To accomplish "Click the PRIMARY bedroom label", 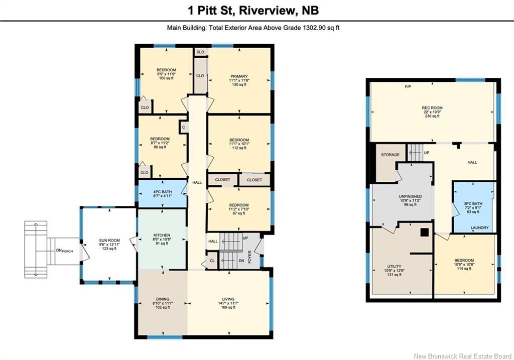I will (x=239, y=76).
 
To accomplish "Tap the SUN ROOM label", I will (x=109, y=241).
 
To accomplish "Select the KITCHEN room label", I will (x=162, y=235).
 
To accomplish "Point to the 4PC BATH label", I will (x=162, y=191).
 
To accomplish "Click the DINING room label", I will (x=162, y=299).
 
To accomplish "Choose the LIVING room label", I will (x=228, y=299).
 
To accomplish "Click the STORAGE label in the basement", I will (x=390, y=155).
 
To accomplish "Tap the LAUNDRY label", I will (x=479, y=228).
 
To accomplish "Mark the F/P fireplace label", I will (x=408, y=87).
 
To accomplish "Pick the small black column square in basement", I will (x=424, y=232).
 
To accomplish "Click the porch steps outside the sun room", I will (x=36, y=249).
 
